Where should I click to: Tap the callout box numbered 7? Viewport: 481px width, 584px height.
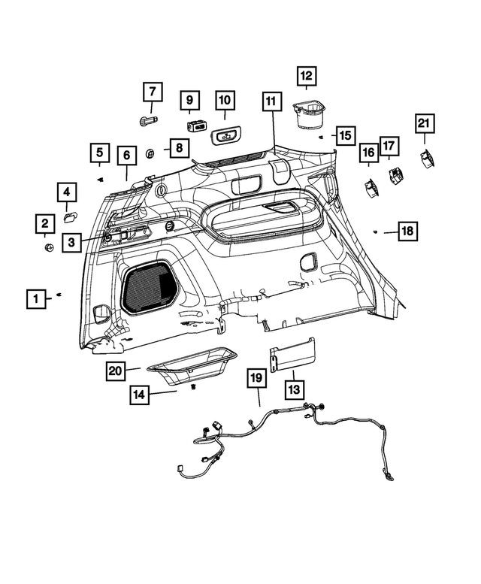153,92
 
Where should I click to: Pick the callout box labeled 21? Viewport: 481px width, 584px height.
425,123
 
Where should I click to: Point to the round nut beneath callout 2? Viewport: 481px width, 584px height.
48,247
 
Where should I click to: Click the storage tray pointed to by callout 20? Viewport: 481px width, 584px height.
192,364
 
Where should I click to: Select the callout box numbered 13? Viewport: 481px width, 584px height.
293,389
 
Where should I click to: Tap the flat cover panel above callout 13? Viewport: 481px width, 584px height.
293,353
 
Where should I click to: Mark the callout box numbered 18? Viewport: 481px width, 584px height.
407,231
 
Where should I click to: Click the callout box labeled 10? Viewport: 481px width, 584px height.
225,99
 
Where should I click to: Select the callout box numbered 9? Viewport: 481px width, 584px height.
189,99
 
